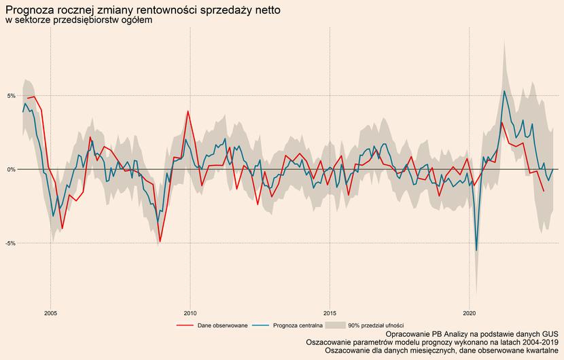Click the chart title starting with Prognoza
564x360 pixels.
click(142, 10)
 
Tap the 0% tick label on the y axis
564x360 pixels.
click(11, 169)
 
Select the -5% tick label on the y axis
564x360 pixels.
click(10, 242)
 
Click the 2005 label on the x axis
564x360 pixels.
click(50, 313)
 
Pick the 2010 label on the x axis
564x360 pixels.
click(190, 313)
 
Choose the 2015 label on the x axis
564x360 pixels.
click(330, 313)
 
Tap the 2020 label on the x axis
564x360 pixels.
click(470, 313)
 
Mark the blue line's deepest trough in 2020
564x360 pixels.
click(476, 251)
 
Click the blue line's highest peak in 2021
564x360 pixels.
click(504, 91)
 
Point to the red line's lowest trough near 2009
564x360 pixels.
click(160, 241)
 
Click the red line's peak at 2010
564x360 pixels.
click(188, 111)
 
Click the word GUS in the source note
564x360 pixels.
click(549, 335)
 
